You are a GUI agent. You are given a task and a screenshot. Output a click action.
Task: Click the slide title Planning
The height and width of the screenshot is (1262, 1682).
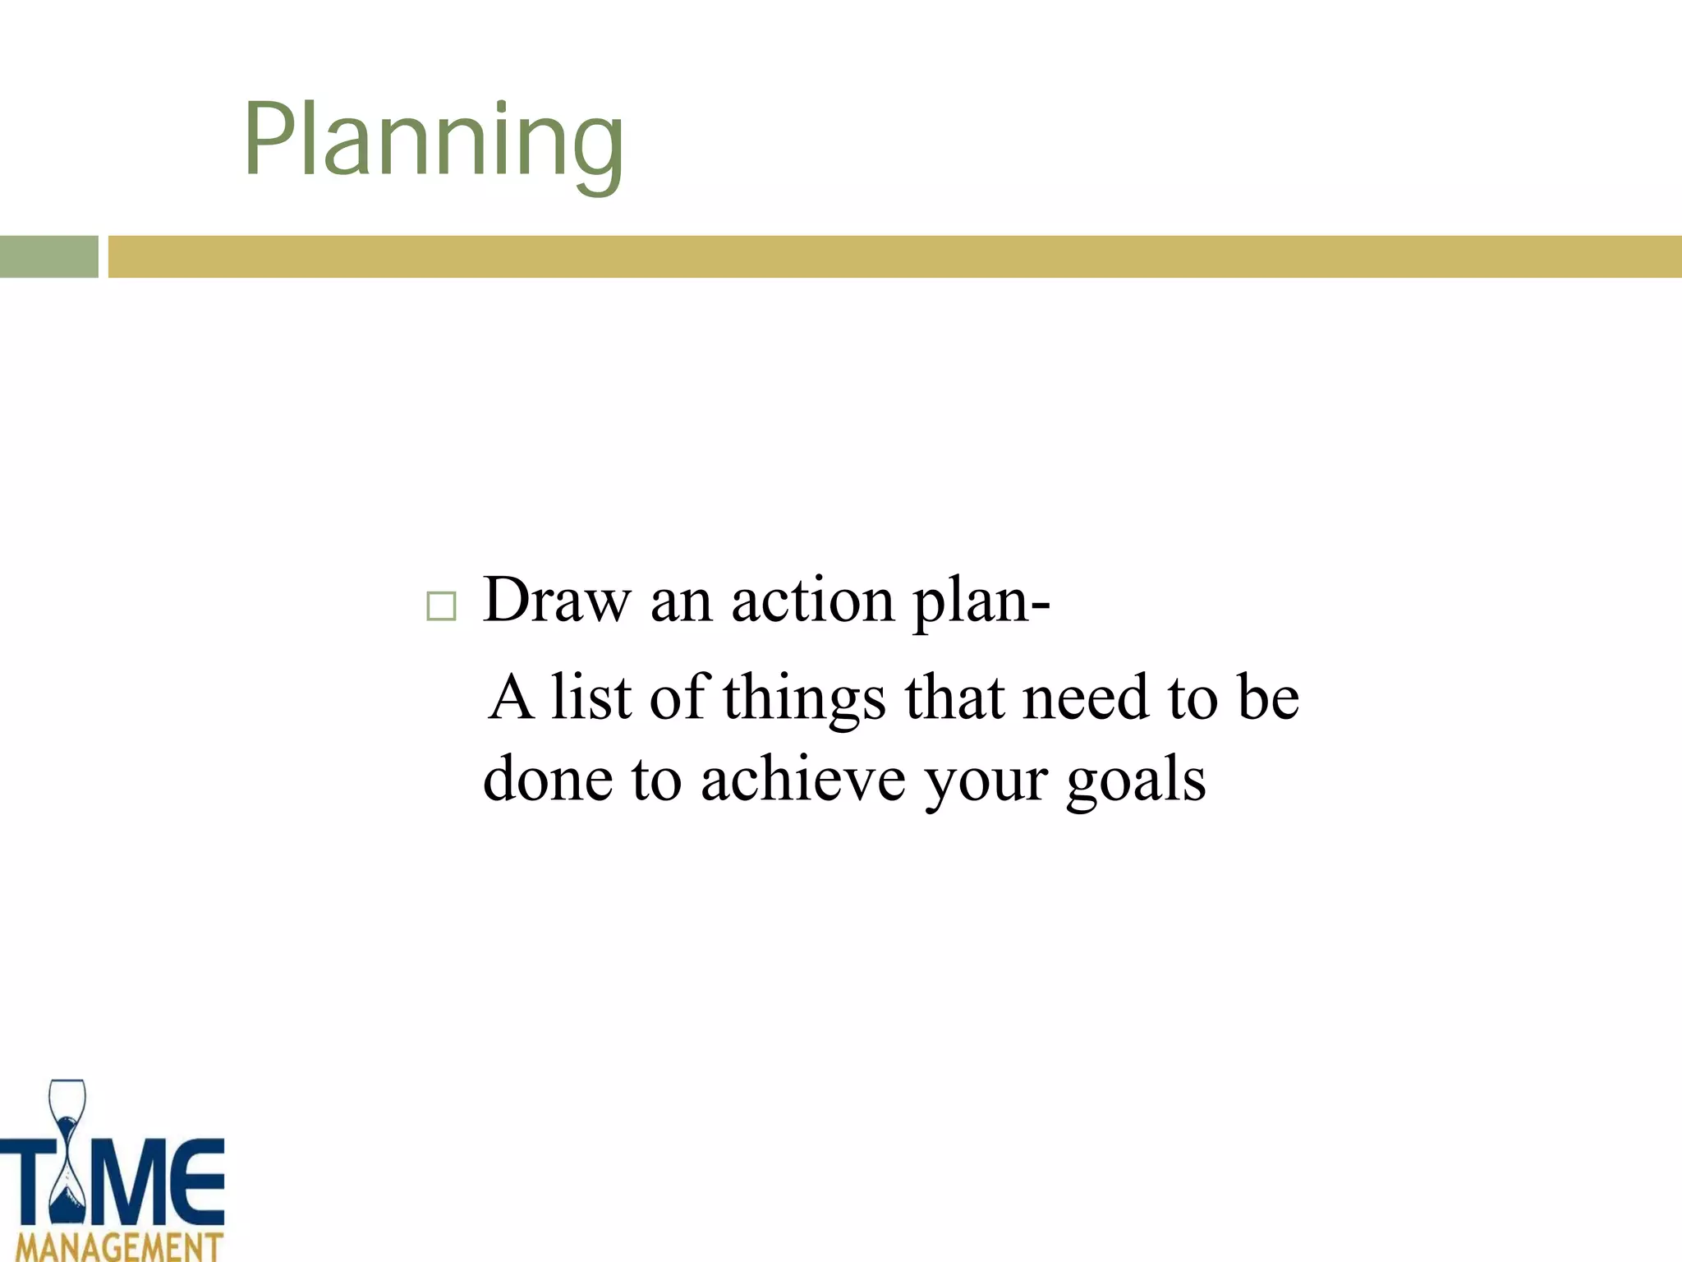(x=434, y=141)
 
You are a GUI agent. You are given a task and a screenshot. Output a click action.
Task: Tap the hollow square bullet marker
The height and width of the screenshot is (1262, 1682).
(x=441, y=606)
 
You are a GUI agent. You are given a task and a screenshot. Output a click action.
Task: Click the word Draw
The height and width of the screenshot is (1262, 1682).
(x=557, y=600)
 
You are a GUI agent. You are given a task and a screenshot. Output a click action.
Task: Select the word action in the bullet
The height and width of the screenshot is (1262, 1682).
(x=812, y=600)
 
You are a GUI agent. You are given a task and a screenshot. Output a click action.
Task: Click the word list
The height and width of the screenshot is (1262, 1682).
(x=591, y=697)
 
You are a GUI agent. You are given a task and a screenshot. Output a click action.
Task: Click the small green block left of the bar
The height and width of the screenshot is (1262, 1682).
(x=48, y=256)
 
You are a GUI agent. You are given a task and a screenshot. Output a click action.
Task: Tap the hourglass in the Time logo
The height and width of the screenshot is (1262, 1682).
(x=67, y=1150)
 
